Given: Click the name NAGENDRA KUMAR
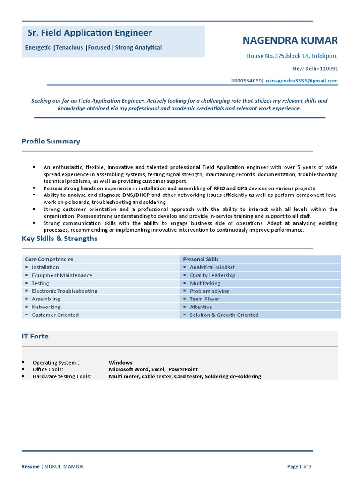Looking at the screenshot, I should (x=290, y=40).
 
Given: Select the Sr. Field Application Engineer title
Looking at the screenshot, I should (x=90, y=33).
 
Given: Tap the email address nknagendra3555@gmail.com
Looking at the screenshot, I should (x=301, y=81).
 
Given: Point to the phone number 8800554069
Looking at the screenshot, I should (x=246, y=81).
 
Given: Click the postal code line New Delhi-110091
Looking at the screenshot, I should (x=315, y=68).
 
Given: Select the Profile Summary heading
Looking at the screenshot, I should (x=51, y=141).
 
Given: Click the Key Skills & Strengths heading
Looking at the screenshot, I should (x=60, y=238).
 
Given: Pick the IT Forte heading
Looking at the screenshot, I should (x=35, y=336).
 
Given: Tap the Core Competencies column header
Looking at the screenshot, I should (x=49, y=259).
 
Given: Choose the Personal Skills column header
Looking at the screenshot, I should (x=201, y=259).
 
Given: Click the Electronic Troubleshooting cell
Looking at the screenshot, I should (x=64, y=291).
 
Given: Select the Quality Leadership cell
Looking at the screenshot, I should (x=212, y=275).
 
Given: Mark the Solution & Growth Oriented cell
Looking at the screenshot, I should (x=224, y=315).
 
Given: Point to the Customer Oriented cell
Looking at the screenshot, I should (x=55, y=315).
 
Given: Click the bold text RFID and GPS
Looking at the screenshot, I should (x=230, y=188).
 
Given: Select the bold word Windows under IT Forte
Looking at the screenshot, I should (x=120, y=362).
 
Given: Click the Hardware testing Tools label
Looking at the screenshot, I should (x=61, y=376).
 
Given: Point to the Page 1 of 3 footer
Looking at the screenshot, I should (x=299, y=466).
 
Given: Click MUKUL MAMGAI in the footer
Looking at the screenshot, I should (x=64, y=466).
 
